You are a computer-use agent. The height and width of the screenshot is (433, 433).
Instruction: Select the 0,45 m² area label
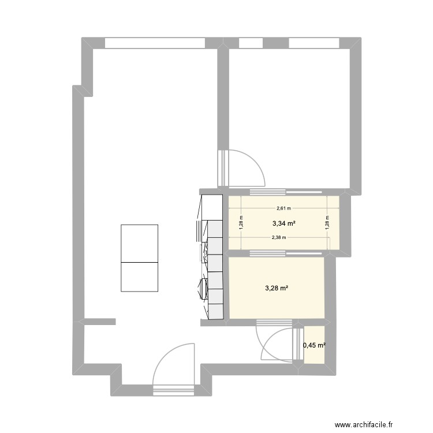tap(314, 346)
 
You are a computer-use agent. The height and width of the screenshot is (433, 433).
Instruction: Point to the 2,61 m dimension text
tap(283, 209)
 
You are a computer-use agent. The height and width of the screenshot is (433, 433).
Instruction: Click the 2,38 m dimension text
tap(278, 237)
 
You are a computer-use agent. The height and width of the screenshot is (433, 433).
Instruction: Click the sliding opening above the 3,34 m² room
tap(267, 191)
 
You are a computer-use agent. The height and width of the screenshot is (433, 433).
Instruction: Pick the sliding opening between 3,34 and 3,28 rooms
tap(267, 252)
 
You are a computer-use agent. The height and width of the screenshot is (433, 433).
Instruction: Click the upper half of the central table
tap(139, 243)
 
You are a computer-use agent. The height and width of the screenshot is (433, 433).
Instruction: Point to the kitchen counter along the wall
tap(211, 257)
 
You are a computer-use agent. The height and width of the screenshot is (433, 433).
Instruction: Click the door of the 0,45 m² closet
tap(297, 345)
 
